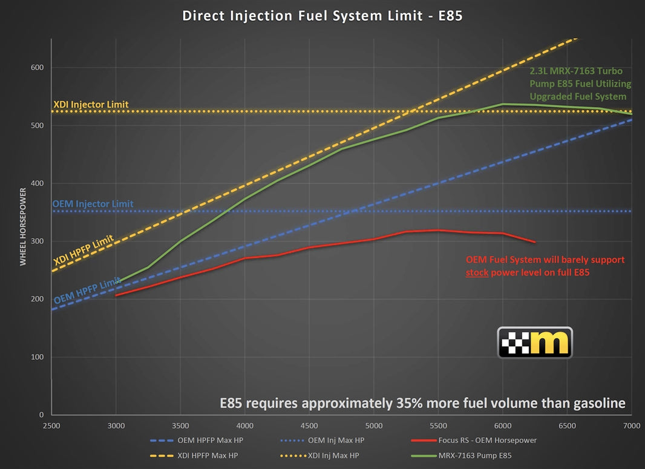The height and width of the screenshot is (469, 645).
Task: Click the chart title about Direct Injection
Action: pos(322,16)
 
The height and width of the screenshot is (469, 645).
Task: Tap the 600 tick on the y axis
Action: pos(37,68)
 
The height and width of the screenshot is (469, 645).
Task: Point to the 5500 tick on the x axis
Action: pos(438,425)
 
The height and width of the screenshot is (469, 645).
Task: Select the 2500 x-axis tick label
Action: pos(51,425)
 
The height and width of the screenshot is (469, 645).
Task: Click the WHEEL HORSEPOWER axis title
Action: pos(23,226)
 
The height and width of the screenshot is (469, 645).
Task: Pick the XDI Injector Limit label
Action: pos(91,105)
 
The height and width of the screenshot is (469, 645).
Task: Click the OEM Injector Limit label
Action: pos(93,204)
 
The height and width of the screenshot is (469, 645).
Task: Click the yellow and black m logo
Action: pos(534,343)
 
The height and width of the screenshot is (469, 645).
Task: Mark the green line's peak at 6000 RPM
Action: pos(503,104)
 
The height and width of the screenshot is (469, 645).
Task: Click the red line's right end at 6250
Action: pos(535,242)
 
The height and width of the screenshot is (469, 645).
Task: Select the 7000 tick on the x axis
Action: pos(631,425)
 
